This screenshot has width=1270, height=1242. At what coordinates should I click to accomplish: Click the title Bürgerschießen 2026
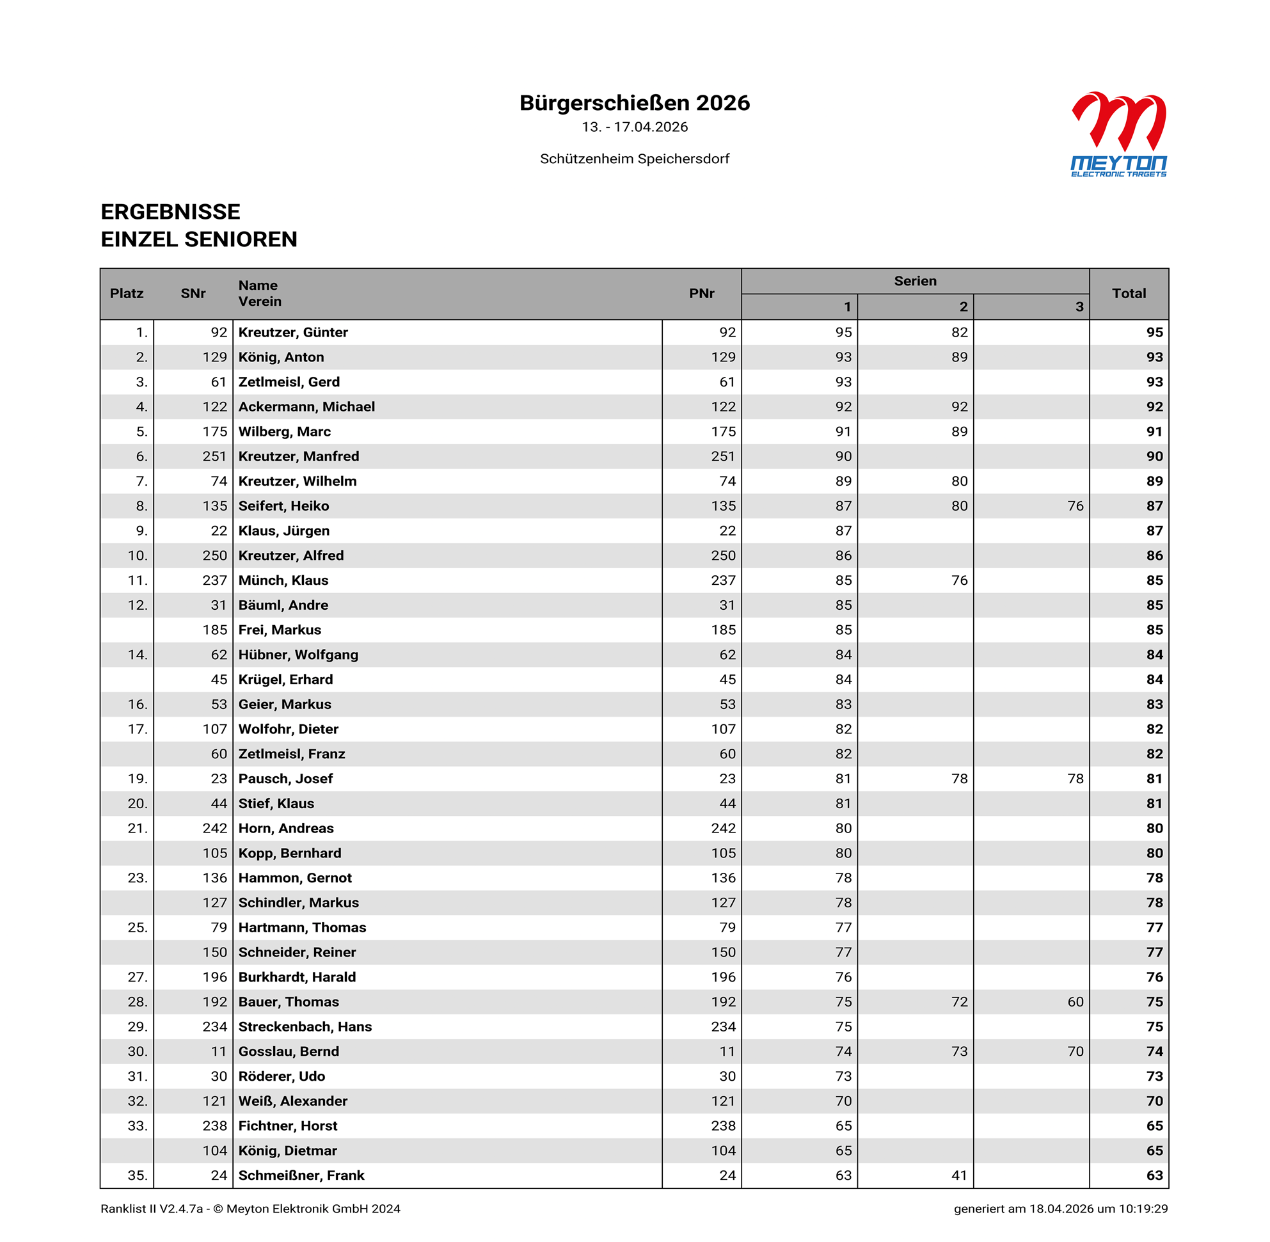tap(634, 103)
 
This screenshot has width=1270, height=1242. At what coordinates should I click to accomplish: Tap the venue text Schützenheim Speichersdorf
tap(634, 159)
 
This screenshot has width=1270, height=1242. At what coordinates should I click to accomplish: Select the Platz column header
tap(127, 294)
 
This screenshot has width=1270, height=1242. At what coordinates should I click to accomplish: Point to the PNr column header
tap(701, 294)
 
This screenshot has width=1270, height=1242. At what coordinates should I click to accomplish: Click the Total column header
tap(1129, 294)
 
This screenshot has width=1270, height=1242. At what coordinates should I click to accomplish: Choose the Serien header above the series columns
tap(914, 281)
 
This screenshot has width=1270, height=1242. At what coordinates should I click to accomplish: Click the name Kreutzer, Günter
tap(293, 332)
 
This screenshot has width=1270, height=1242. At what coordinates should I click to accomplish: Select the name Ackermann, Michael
tap(306, 406)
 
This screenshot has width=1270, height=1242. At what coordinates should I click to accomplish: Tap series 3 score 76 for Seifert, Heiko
tap(1075, 506)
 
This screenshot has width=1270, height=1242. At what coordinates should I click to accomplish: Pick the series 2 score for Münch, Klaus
tap(959, 580)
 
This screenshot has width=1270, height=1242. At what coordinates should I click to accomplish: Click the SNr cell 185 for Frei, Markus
tap(214, 630)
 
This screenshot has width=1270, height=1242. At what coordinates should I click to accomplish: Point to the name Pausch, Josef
tap(285, 778)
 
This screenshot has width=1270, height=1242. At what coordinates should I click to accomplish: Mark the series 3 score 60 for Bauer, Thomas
tap(1075, 1001)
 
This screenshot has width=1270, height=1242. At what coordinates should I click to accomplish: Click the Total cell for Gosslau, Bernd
tap(1154, 1051)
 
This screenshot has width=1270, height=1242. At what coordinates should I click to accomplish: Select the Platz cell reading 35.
tap(137, 1175)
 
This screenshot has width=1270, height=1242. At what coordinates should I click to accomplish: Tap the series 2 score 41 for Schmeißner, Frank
tap(959, 1175)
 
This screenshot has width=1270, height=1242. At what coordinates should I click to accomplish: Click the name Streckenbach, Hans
tap(305, 1026)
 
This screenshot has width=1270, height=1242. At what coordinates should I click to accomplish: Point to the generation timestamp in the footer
tap(1060, 1209)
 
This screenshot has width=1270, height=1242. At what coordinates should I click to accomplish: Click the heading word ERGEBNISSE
tap(170, 212)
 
